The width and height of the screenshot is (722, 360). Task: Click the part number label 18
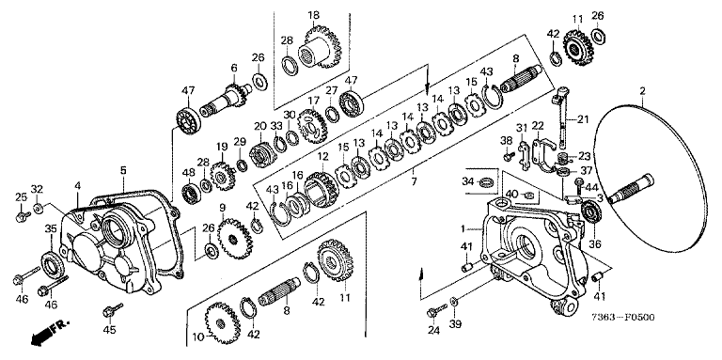(314, 16)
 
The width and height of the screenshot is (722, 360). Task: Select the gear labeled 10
(223, 322)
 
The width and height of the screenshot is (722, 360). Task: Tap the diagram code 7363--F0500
(624, 318)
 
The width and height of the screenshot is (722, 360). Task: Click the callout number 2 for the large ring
(642, 91)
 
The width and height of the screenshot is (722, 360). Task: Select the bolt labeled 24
(436, 310)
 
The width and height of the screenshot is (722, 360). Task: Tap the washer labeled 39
(453, 302)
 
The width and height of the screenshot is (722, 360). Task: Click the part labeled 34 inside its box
(484, 182)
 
